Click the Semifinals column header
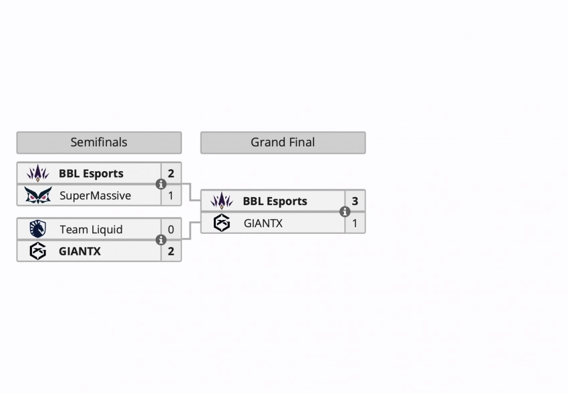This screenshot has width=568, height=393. [x=99, y=142]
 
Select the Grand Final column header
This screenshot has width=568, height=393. [x=283, y=142]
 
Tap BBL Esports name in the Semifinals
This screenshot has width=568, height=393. [x=91, y=174]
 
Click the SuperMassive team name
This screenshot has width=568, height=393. [x=95, y=196]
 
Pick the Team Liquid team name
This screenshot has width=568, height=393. [x=91, y=230]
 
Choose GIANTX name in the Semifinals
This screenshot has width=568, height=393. [x=80, y=252]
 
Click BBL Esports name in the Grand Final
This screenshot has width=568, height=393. [x=275, y=201]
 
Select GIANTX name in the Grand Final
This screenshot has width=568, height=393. [x=263, y=223]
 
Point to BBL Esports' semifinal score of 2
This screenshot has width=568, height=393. [x=171, y=174]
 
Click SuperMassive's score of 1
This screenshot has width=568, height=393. [x=171, y=196]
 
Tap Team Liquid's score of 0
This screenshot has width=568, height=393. [x=171, y=230]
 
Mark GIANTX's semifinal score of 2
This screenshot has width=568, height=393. [x=171, y=252]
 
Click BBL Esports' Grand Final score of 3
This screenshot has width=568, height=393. [x=355, y=201]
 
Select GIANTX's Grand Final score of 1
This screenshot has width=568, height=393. [x=355, y=223]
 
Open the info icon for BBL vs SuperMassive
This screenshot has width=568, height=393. [x=161, y=184]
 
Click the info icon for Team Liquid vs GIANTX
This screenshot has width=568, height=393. [x=161, y=241]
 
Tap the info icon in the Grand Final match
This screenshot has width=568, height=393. [x=345, y=212]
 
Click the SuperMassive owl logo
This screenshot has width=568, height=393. [x=37, y=196]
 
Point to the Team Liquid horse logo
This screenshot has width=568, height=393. [x=37, y=229]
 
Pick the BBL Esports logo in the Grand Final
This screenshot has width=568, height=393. [x=221, y=201]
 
